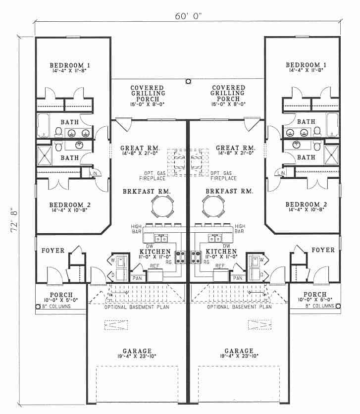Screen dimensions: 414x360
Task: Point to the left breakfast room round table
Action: (162, 205)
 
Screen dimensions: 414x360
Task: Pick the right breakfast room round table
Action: (213, 205)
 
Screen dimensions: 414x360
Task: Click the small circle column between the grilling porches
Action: (188, 82)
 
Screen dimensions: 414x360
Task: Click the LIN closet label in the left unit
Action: (95, 173)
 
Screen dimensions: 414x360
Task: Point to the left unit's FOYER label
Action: (53, 251)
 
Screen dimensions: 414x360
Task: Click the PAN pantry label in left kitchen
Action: (136, 278)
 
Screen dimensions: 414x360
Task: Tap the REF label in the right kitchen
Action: (221, 266)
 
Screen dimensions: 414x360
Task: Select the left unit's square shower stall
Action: (45, 155)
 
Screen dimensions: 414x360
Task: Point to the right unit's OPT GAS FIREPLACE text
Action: (223, 175)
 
